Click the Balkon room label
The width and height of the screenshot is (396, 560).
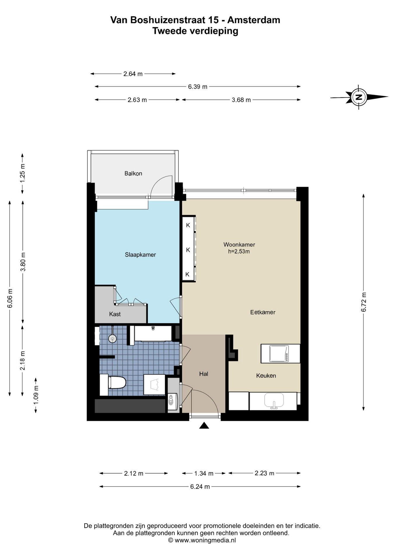click(x=133, y=174)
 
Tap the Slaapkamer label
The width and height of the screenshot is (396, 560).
click(x=140, y=255)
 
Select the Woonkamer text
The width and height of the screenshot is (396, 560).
click(x=239, y=244)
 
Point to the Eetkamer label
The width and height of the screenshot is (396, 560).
click(x=263, y=312)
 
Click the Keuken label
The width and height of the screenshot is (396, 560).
click(x=266, y=376)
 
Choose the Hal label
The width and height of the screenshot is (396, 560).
click(x=204, y=374)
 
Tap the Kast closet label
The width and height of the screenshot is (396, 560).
click(x=115, y=314)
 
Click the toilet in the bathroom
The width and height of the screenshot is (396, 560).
click(x=113, y=382)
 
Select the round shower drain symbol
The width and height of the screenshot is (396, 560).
click(x=112, y=339)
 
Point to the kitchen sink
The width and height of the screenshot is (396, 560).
click(x=274, y=400)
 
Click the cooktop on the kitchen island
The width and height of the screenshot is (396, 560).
click(x=279, y=353)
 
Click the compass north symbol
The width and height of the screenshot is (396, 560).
click(x=359, y=97)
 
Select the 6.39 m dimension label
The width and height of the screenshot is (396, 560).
click(x=198, y=87)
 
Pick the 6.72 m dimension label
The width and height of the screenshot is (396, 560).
click(x=364, y=302)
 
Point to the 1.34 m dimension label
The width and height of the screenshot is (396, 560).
click(x=204, y=473)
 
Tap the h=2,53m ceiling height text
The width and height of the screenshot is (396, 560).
click(x=239, y=251)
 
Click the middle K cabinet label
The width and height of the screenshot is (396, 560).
click(x=188, y=250)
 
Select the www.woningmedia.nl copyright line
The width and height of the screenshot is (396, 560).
click(x=202, y=540)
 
